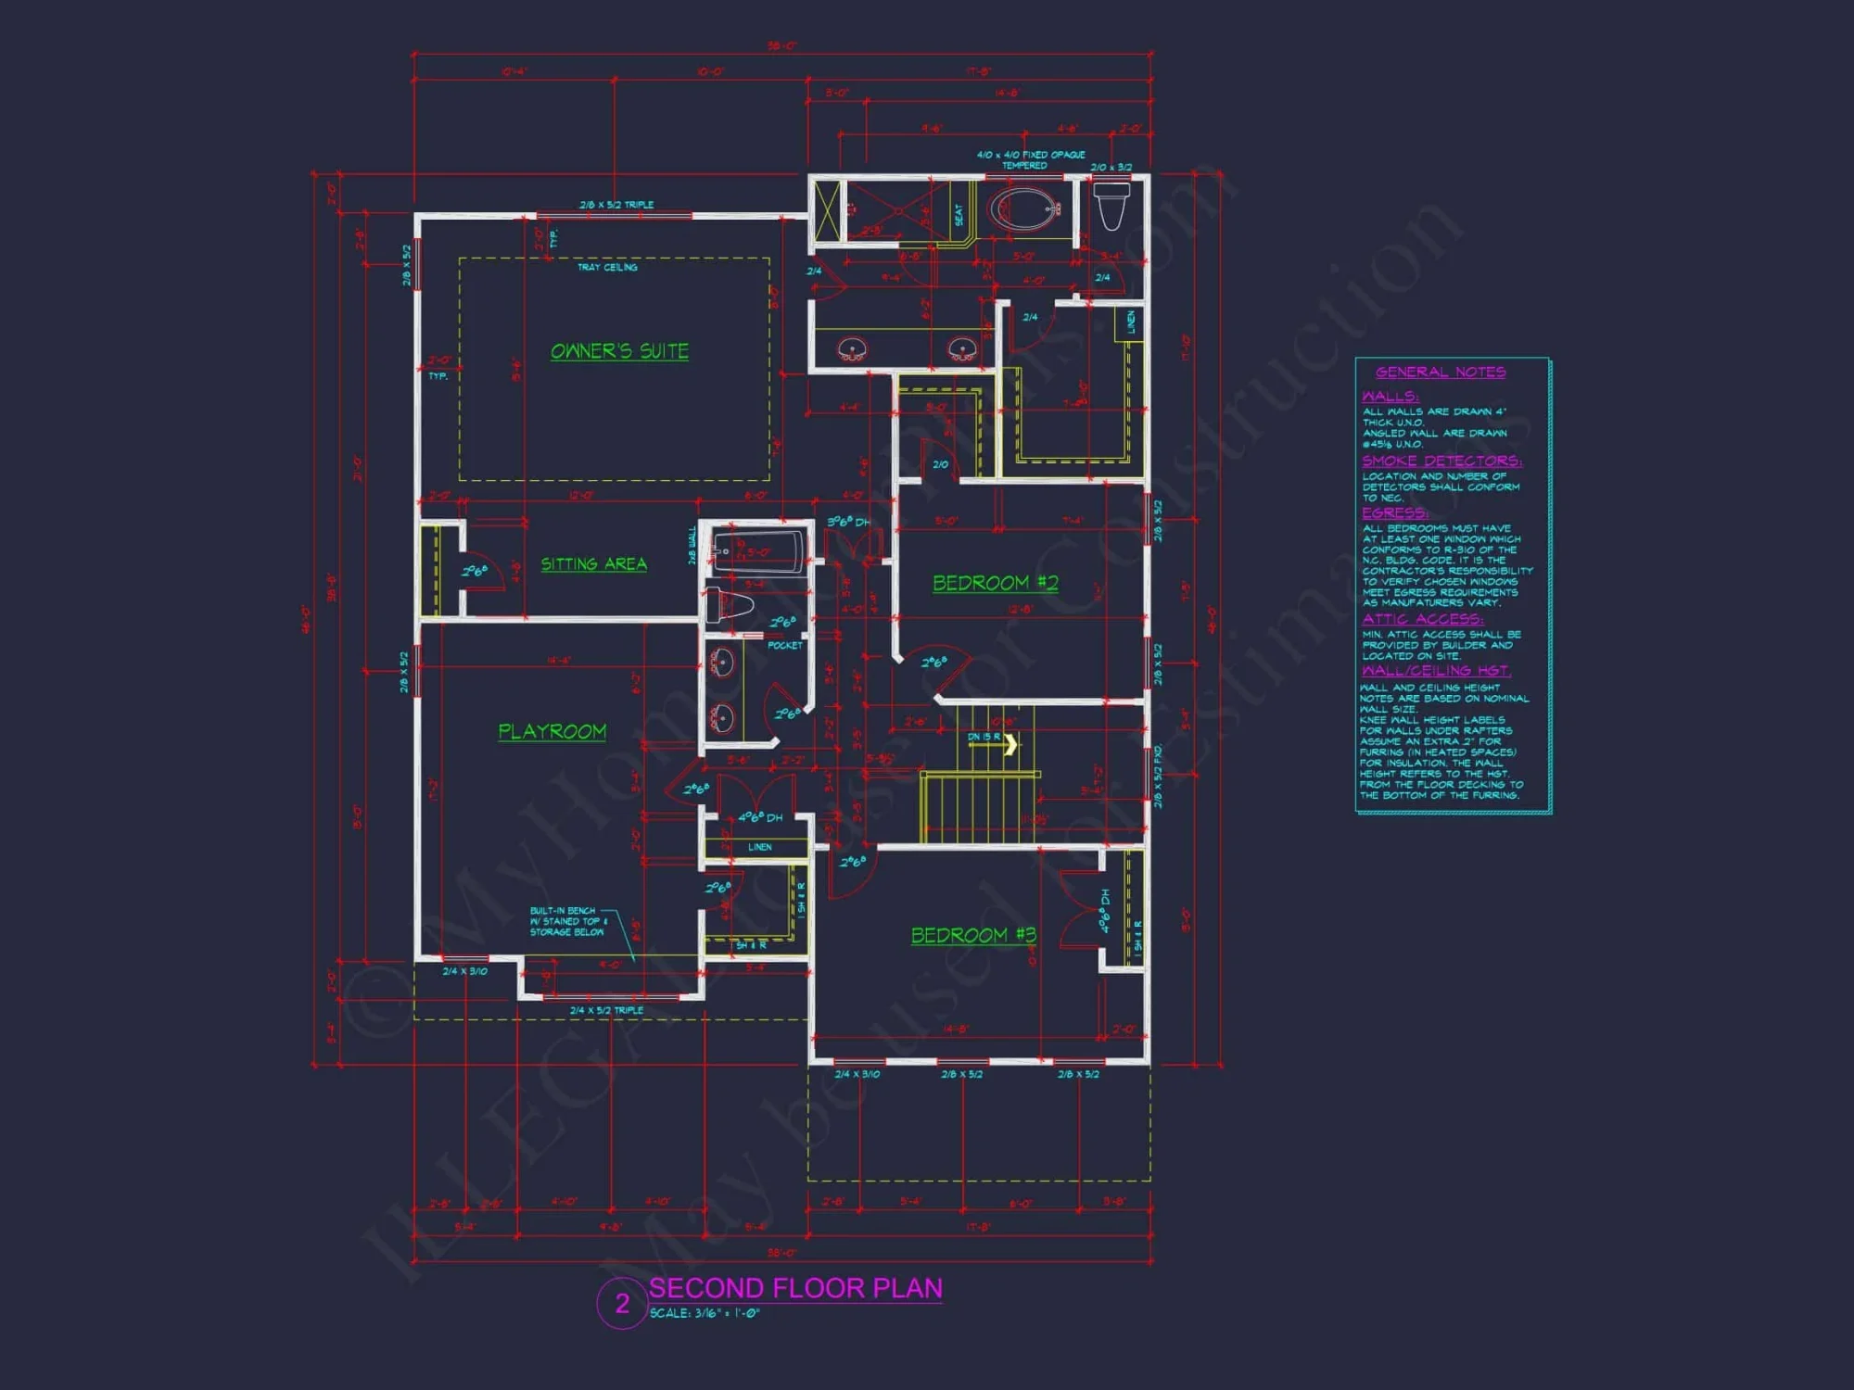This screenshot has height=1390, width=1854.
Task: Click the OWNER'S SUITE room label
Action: coord(619,351)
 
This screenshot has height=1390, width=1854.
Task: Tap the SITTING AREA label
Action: coord(593,563)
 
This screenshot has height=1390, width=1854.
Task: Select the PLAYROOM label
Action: coord(552,731)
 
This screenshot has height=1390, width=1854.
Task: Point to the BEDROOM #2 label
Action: coord(995,583)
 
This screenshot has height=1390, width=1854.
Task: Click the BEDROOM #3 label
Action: coord(973,935)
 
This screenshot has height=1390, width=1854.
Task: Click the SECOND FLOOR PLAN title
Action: coord(795,1288)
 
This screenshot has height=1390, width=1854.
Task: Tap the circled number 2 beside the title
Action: coord(622,1303)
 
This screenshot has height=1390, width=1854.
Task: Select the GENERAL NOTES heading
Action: coord(1440,373)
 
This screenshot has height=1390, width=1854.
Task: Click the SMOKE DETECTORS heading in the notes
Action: coord(1441,461)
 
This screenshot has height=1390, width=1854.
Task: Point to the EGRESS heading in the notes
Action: coord(1394,512)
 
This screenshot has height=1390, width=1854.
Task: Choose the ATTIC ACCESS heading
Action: coord(1422,618)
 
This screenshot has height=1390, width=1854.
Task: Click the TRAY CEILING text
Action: coord(607,267)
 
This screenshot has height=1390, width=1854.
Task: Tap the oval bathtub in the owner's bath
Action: coord(1024,208)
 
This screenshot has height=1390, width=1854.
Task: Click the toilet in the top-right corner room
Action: coord(1111,205)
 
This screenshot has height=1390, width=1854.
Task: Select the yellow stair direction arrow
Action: coord(1010,743)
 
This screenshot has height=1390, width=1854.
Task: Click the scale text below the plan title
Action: coord(705,1313)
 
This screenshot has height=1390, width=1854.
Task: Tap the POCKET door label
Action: coord(785,645)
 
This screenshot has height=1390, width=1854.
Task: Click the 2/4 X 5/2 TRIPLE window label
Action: coord(606,1010)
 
